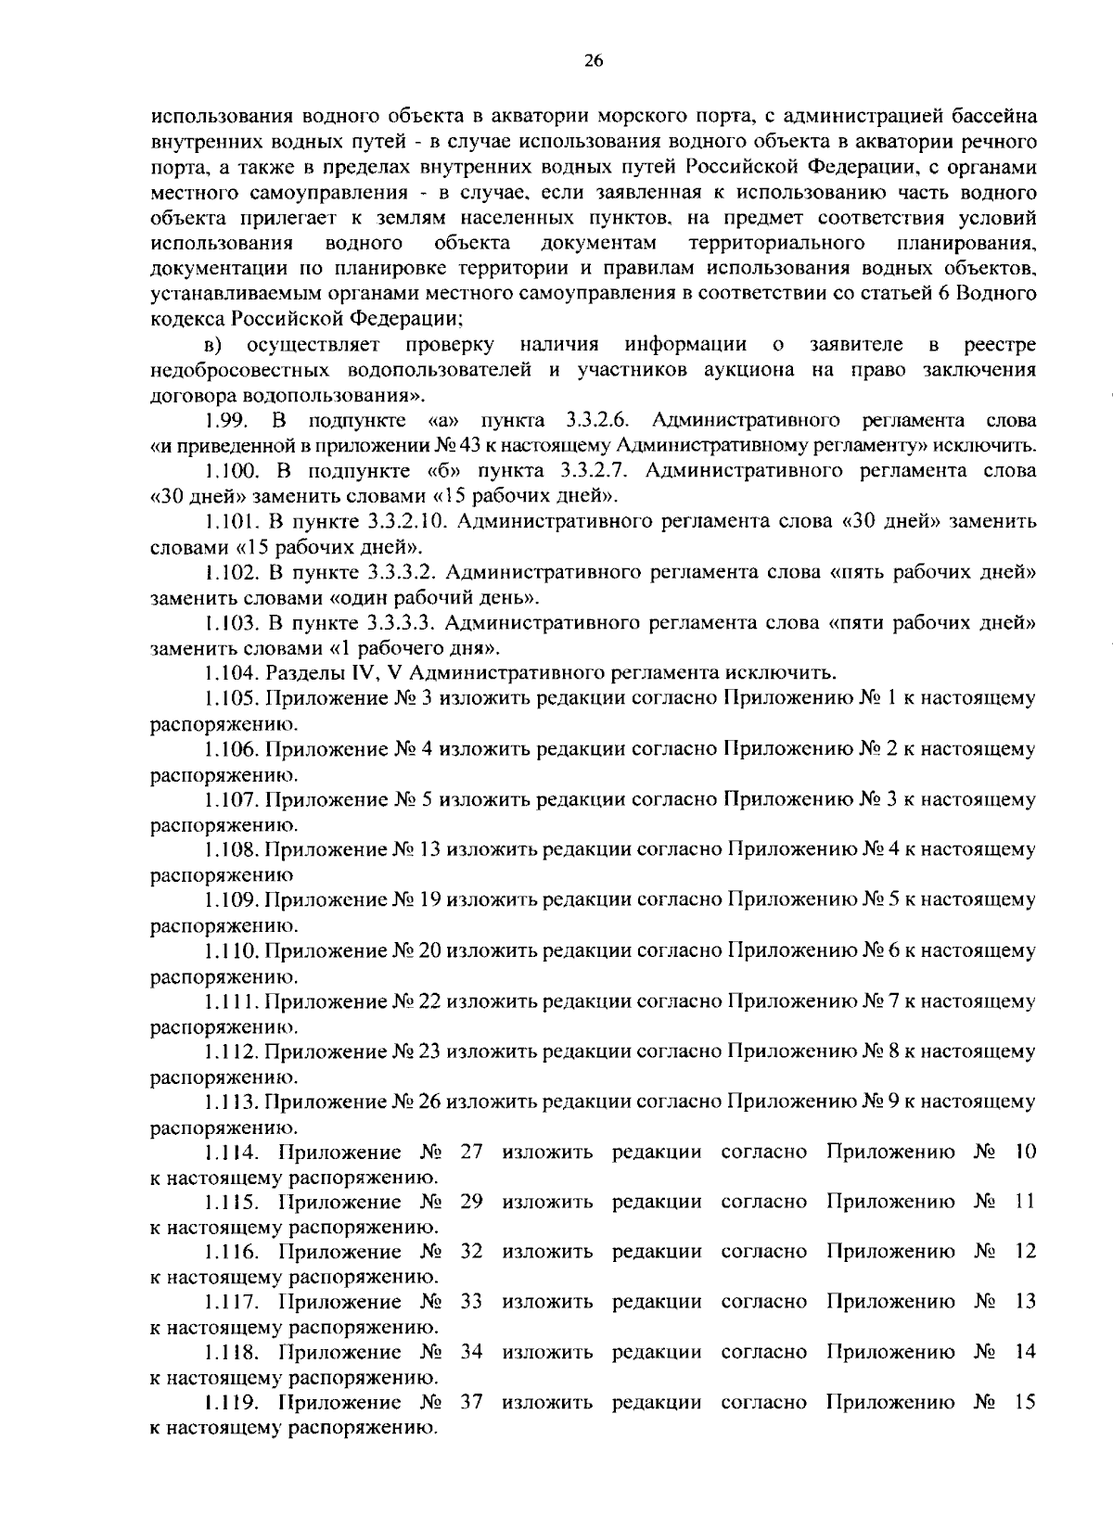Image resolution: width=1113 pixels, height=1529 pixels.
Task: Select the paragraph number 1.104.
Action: tap(232, 672)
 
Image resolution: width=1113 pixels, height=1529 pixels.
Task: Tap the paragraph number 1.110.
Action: tap(232, 950)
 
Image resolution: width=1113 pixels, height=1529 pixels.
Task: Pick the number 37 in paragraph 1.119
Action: tap(472, 1402)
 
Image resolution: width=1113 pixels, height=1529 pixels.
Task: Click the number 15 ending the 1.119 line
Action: tap(1024, 1402)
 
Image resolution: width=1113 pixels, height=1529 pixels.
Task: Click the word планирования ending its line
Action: tap(966, 244)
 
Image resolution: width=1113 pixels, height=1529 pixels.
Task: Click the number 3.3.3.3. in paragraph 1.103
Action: tap(403, 622)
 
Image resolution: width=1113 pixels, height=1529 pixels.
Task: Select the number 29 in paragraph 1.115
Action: tap(472, 1202)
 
